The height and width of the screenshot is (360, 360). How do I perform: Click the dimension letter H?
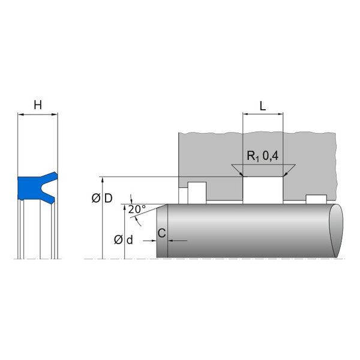pyautogui.click(x=38, y=105)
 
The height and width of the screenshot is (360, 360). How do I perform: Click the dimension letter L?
pyautogui.click(x=263, y=106)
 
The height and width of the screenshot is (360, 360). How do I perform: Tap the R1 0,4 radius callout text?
pyautogui.click(x=262, y=156)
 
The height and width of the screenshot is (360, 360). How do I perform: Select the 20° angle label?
pyautogui.click(x=137, y=209)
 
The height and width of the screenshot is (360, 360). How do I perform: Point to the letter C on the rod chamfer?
pyautogui.click(x=162, y=233)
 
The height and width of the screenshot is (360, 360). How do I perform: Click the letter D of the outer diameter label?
pyautogui.click(x=109, y=198)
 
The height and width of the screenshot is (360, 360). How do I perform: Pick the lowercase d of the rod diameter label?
pyautogui.click(x=130, y=240)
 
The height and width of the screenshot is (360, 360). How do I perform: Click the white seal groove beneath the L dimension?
pyautogui.click(x=263, y=190)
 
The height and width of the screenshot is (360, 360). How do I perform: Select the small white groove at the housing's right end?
pyautogui.click(x=316, y=199)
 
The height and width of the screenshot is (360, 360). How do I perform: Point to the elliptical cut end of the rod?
pyautogui.click(x=336, y=231)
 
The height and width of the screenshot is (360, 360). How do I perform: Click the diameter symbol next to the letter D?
pyautogui.click(x=96, y=198)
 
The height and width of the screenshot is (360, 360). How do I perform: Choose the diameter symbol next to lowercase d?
pyautogui.click(x=118, y=240)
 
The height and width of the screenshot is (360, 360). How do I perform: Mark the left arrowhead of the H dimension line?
pyautogui.click(x=20, y=114)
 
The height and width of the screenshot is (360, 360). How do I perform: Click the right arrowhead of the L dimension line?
pyautogui.click(x=280, y=114)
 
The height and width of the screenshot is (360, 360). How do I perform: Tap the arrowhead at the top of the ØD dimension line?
pyautogui.click(x=103, y=180)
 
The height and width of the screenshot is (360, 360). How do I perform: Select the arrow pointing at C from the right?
pyautogui.click(x=178, y=241)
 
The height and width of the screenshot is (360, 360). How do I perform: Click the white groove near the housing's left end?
pyautogui.click(x=197, y=193)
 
